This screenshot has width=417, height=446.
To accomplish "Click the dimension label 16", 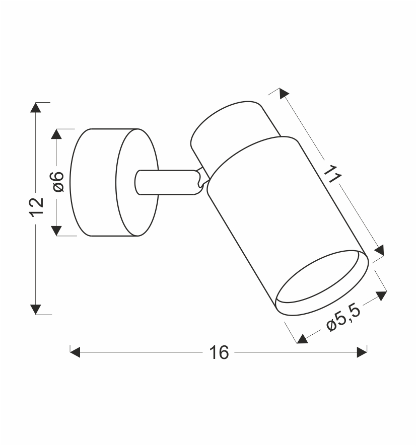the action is click(219, 353).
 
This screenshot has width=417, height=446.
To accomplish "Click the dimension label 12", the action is click(37, 207).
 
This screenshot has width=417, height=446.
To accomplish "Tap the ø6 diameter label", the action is click(58, 182).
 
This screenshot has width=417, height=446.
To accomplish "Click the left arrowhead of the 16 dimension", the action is click(75, 352).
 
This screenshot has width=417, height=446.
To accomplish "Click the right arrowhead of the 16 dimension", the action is click(362, 352).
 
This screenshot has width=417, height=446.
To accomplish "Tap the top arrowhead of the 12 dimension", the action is click(36, 108).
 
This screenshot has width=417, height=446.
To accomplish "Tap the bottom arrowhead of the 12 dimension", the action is click(36, 310).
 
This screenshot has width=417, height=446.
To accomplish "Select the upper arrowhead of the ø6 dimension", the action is click(56, 134).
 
